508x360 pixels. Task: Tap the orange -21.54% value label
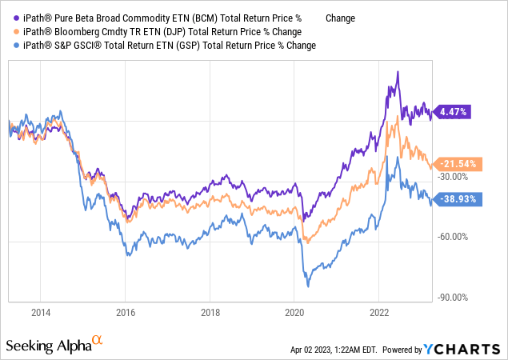[458, 164]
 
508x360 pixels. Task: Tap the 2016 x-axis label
[125, 311]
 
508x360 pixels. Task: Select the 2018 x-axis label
[210, 311]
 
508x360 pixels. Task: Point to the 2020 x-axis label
[294, 311]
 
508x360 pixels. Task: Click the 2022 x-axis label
[379, 311]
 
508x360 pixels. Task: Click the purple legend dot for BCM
[9, 18]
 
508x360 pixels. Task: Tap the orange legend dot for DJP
[9, 31]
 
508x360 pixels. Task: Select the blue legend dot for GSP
[9, 46]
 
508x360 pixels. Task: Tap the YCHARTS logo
[466, 349]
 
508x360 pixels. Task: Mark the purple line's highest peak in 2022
[397, 72]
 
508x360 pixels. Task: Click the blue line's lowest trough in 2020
[307, 286]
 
